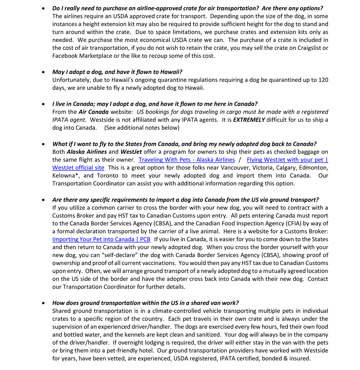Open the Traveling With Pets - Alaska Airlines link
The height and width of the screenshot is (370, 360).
pos(186,160)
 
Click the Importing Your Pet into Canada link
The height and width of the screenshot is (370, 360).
pos(101,239)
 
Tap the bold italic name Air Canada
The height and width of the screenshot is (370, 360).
pos(93,112)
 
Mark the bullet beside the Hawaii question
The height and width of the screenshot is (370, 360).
pos(44,72)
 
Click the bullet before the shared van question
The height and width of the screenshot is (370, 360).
pos(44,303)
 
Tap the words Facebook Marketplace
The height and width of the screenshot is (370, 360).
pos(85,56)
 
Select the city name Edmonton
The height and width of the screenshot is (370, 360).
pos(313,167)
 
